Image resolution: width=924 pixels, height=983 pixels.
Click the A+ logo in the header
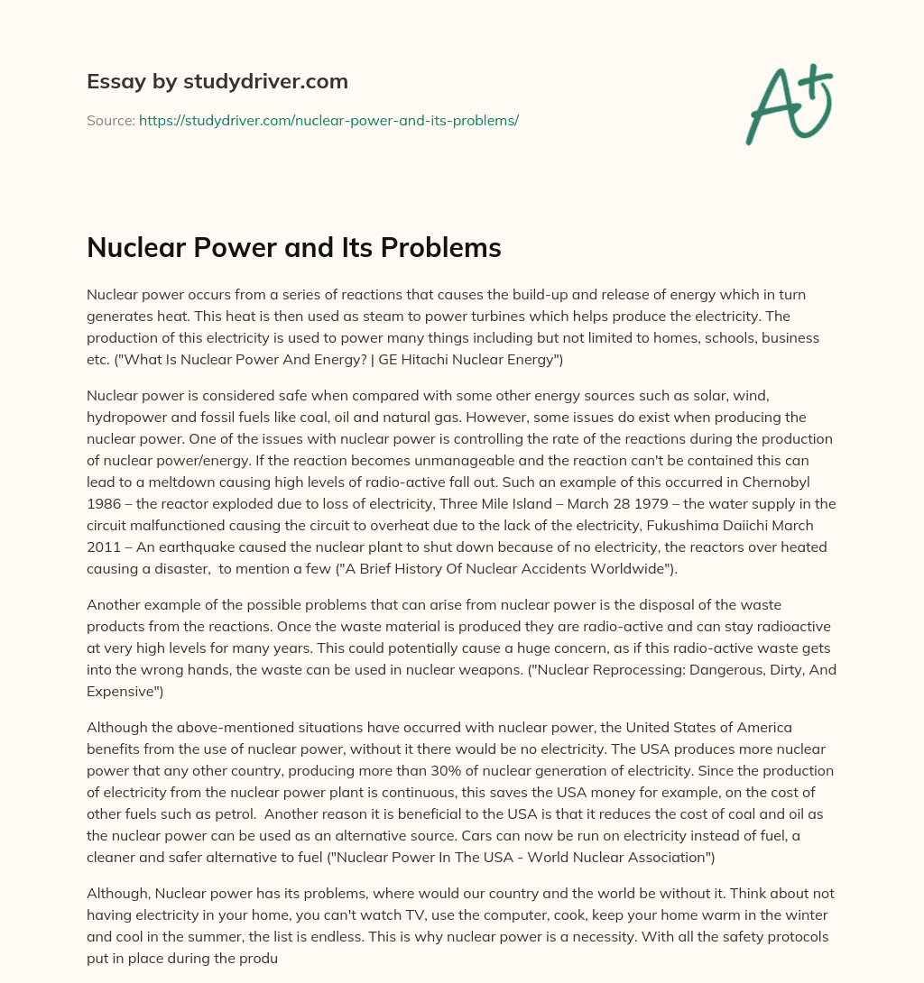(x=790, y=104)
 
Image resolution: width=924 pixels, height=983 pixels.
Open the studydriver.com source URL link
(x=328, y=120)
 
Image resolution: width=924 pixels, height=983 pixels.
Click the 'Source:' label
(x=110, y=120)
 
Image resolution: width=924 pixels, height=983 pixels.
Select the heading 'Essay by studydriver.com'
(x=217, y=81)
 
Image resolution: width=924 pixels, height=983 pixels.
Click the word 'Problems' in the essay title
(x=441, y=248)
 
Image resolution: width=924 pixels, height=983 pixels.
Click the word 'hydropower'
(x=128, y=418)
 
